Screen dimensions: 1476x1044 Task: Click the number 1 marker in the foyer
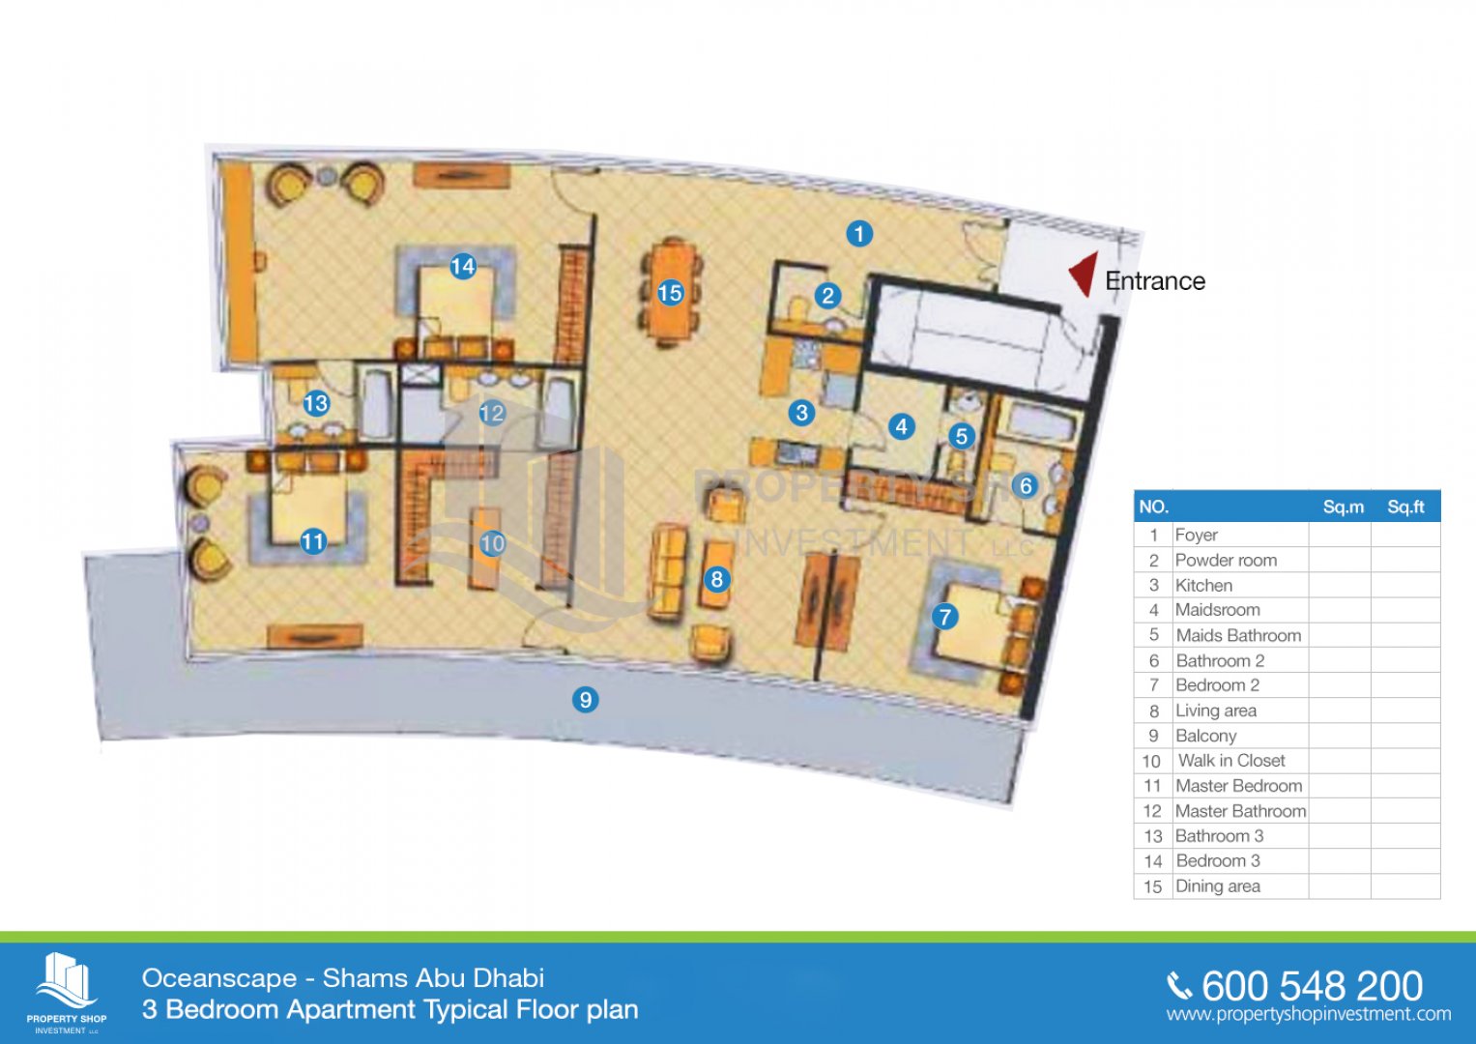point(859,233)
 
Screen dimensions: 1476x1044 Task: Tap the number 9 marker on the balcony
point(585,699)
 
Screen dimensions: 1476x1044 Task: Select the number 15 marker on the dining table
point(670,293)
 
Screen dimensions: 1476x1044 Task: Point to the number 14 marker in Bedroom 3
point(463,266)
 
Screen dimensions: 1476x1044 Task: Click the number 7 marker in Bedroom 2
point(945,617)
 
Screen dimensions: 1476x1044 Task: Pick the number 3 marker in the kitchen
point(802,413)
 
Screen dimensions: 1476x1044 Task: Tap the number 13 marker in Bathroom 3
point(316,403)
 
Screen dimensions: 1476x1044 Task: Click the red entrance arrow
point(1084,274)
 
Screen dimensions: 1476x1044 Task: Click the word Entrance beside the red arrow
point(1155,281)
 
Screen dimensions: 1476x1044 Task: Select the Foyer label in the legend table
point(1197,535)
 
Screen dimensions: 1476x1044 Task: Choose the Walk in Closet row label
point(1231,761)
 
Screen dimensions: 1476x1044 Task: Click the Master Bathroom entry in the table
point(1241,811)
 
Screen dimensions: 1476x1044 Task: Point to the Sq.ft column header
point(1405,507)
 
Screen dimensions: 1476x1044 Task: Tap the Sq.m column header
point(1343,507)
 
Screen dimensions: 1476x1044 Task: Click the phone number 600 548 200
point(1312,987)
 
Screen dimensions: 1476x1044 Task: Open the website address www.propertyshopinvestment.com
point(1309,1014)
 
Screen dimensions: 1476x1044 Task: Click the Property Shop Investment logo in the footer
point(67,992)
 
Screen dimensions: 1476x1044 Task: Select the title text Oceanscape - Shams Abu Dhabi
point(342,978)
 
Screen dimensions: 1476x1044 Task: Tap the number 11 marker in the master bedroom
point(313,541)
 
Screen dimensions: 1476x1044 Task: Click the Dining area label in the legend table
point(1218,886)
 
